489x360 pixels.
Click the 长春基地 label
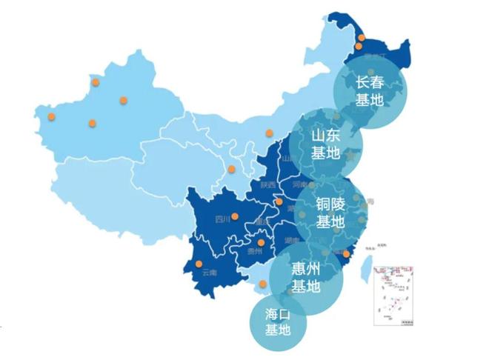370,91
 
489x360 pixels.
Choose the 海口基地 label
278,321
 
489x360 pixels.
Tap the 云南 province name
209,273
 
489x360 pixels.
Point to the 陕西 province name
267,184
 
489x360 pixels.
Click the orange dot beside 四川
235,217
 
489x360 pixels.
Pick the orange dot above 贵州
261,242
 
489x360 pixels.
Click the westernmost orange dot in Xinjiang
51,116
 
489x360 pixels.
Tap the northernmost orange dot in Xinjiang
94,82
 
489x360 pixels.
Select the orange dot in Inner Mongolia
268,133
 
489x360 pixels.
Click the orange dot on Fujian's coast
346,253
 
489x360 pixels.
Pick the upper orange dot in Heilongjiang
362,37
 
